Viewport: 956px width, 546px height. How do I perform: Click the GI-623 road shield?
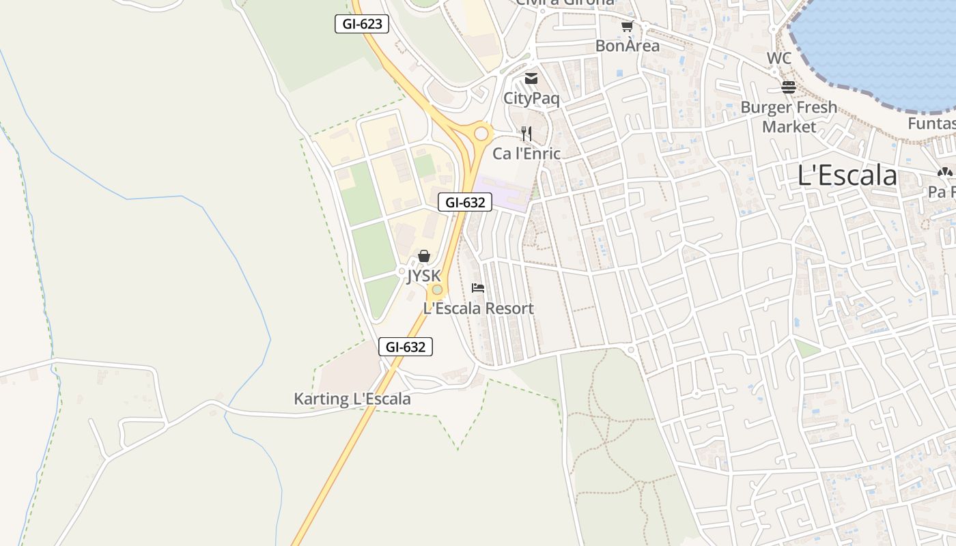coord(362,24)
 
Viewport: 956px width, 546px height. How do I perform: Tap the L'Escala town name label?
coord(847,175)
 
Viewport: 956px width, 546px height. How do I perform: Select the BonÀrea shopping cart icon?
coord(627,27)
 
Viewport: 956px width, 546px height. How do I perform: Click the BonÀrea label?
coord(628,46)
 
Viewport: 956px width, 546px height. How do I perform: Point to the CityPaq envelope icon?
coord(531,78)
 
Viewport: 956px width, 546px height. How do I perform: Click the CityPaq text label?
coord(531,98)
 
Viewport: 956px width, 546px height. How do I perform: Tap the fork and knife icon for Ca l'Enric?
coord(526,133)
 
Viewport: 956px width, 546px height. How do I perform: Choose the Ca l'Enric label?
coord(526,154)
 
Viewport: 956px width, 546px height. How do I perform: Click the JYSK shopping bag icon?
coord(424,256)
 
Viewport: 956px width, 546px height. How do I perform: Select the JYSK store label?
coord(424,276)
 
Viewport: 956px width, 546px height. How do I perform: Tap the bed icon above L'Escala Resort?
coord(478,288)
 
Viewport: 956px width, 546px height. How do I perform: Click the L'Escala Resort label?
coord(478,308)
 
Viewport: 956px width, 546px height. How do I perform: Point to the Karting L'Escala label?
coord(352,399)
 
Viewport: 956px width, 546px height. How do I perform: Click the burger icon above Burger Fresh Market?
coord(789,87)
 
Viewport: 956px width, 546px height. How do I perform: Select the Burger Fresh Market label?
coord(789,117)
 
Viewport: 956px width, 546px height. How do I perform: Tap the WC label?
coord(778,58)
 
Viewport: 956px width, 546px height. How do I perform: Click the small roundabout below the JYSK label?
coord(437,290)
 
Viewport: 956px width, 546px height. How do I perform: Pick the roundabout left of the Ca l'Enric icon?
coord(482,133)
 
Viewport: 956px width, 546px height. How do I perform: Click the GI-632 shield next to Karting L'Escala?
coord(406,347)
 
